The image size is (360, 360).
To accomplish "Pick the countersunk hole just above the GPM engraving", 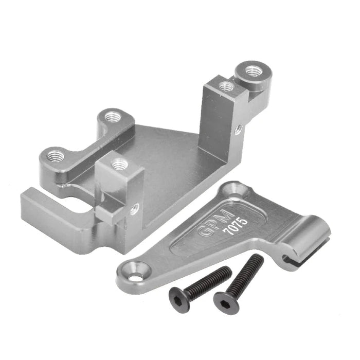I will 238,191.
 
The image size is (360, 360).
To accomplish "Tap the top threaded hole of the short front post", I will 119,164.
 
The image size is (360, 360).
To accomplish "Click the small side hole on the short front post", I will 135,208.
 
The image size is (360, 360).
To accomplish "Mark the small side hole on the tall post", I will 238,129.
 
